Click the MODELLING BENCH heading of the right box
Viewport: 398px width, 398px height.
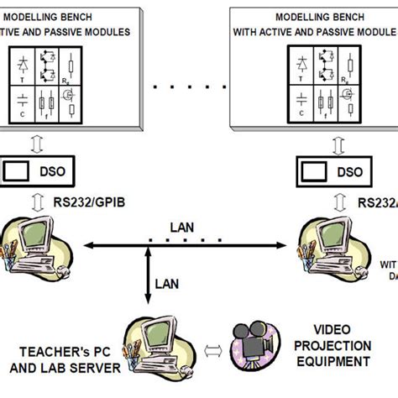[312, 17]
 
